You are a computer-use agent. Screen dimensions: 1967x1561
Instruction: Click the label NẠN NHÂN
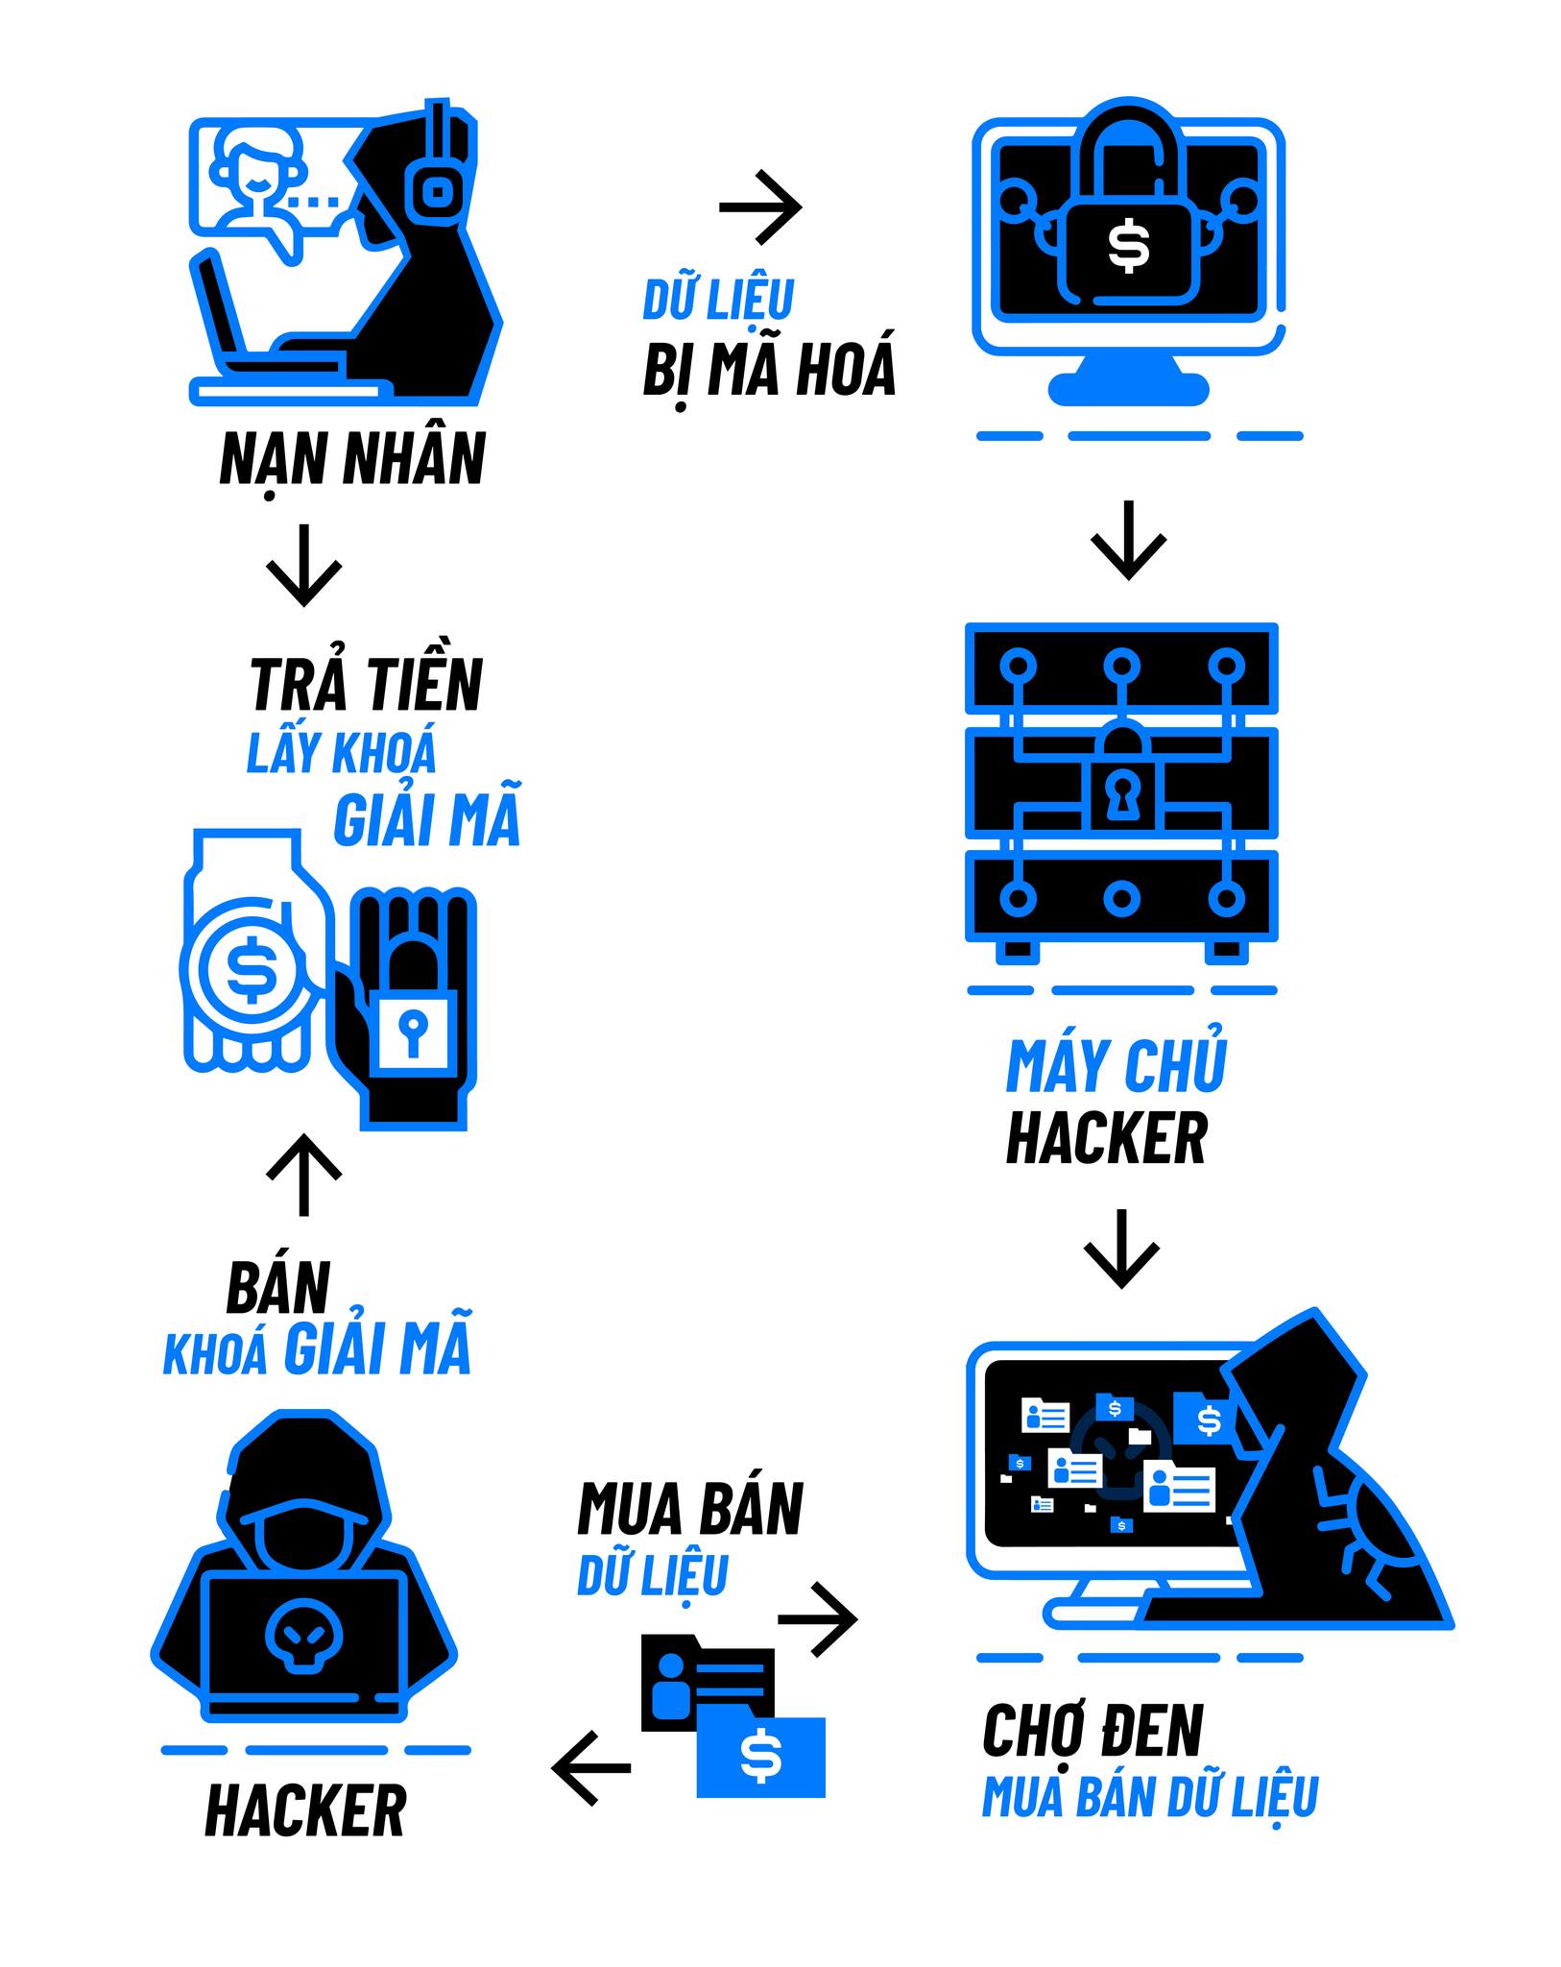[x=352, y=460]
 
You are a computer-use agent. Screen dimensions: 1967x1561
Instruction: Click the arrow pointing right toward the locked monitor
[x=760, y=206]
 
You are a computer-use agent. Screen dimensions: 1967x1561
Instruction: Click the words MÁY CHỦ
[x=1117, y=1065]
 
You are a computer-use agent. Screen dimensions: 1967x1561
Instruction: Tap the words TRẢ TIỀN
[x=366, y=684]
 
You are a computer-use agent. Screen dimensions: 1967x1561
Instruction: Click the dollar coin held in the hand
[x=252, y=969]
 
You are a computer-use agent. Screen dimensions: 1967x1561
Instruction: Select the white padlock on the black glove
[x=414, y=1032]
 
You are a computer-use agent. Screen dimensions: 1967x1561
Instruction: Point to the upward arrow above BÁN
[x=303, y=1175]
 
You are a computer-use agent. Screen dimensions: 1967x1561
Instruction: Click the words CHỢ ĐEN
[x=1093, y=1731]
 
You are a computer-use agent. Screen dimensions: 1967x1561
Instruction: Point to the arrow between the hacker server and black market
[x=1121, y=1249]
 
